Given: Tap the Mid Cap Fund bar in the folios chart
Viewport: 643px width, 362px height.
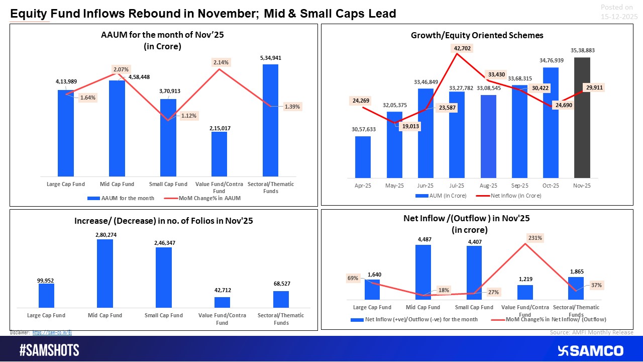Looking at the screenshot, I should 105,274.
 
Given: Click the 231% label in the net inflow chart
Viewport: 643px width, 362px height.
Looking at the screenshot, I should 534,237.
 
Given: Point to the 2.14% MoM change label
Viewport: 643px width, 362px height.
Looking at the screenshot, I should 221,62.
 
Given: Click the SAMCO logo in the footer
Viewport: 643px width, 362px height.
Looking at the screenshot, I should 590,350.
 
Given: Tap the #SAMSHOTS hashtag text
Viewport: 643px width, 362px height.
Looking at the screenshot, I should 49,350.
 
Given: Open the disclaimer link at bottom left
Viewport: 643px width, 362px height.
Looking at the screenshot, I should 52,333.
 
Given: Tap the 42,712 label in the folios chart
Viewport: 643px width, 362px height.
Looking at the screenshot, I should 222,290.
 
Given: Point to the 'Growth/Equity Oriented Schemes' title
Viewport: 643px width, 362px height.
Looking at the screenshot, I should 477,35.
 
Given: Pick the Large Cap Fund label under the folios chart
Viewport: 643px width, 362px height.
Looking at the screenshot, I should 47,315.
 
